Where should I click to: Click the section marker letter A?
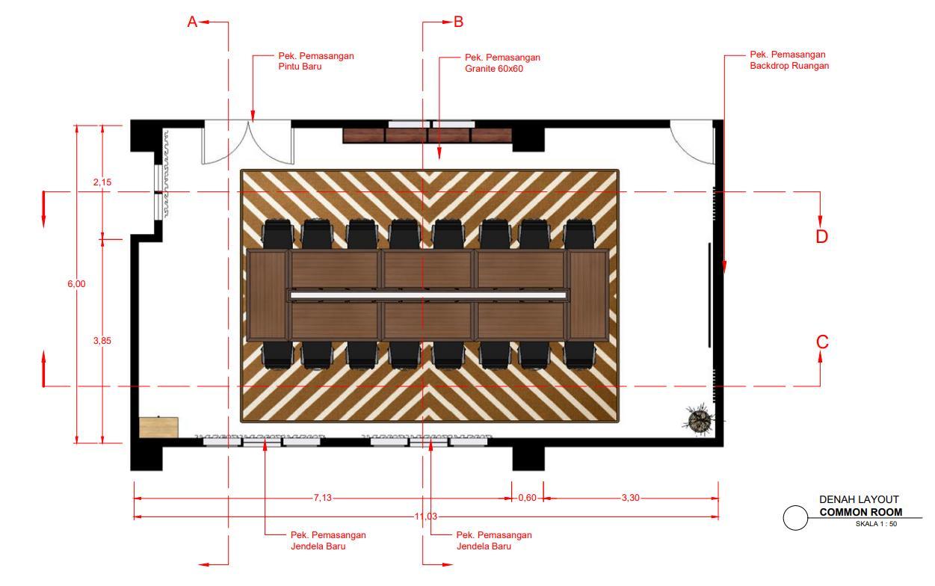pyautogui.click(x=192, y=22)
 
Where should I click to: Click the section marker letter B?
pyautogui.click(x=458, y=22)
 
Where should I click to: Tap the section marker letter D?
pyautogui.click(x=822, y=236)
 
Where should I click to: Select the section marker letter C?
pyautogui.click(x=822, y=342)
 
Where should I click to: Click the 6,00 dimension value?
pyautogui.click(x=76, y=283)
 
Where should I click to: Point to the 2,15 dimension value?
pyautogui.click(x=102, y=182)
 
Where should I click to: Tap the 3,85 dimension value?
pyautogui.click(x=102, y=341)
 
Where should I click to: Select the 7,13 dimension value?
pyautogui.click(x=322, y=499)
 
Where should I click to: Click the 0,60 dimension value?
pyautogui.click(x=527, y=499)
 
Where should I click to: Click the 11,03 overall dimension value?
pyautogui.click(x=425, y=516)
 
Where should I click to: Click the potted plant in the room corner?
pyautogui.click(x=700, y=420)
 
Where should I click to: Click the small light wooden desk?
pyautogui.click(x=158, y=427)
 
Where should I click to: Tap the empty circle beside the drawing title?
pyautogui.click(x=796, y=517)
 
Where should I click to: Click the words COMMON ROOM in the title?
pyautogui.click(x=860, y=513)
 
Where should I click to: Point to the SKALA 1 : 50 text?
pyautogui.click(x=876, y=523)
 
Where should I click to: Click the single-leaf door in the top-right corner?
pyautogui.click(x=692, y=144)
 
